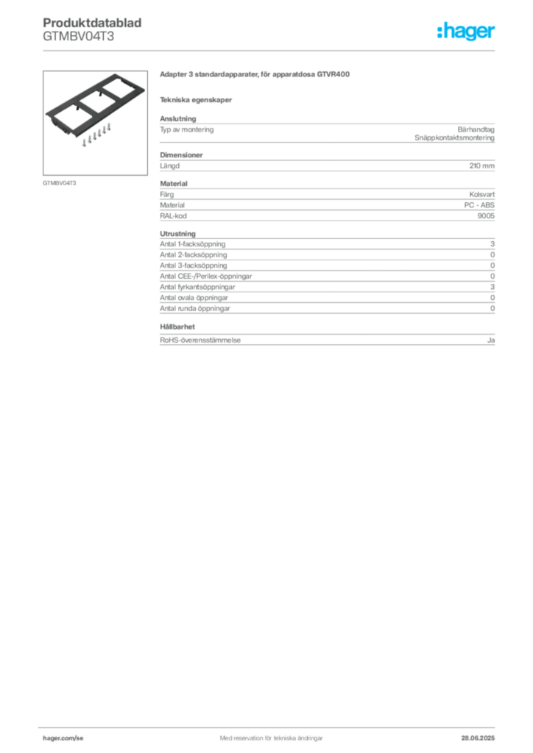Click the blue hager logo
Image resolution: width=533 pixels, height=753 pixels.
467,32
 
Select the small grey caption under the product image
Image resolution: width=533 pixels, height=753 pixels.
59,182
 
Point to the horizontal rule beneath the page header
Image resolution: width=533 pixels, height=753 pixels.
270,50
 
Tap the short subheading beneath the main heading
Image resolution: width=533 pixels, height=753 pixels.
197,99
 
